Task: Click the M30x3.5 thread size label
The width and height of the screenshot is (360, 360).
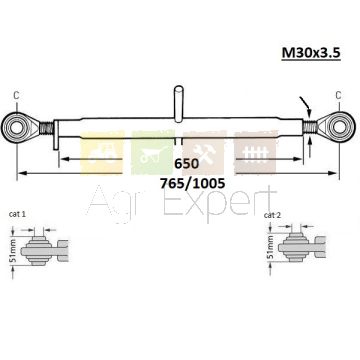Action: [x=311, y=53]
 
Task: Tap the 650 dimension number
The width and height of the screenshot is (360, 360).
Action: [x=187, y=164]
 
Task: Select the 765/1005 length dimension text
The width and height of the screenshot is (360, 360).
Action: [x=193, y=183]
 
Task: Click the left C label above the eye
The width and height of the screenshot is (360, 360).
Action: [x=16, y=95]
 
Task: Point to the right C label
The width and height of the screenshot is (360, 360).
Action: [x=338, y=95]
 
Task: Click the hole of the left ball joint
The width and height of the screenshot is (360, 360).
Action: [x=16, y=128]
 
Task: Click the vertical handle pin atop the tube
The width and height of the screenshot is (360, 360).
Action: [x=179, y=103]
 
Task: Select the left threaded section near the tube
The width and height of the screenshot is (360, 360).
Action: [x=46, y=128]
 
